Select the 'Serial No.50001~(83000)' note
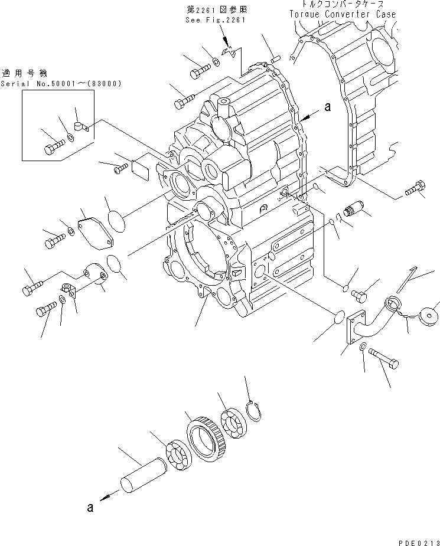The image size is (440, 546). click(61, 84)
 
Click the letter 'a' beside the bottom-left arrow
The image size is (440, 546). click(90, 506)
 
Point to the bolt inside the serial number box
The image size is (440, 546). click(54, 145)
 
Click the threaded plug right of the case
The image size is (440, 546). click(354, 210)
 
